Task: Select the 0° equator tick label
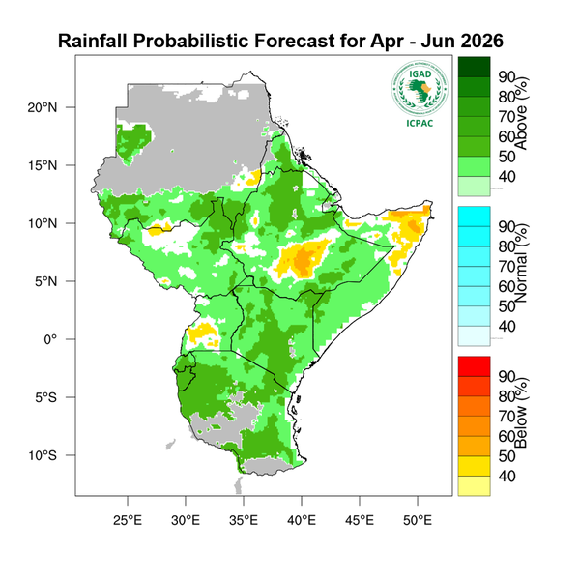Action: point(54,339)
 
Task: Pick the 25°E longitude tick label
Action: point(128,519)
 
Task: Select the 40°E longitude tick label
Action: point(302,519)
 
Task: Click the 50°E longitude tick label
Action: point(418,519)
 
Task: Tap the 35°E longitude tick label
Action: point(244,519)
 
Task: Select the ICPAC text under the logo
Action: point(420,122)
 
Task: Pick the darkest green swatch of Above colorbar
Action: point(474,66)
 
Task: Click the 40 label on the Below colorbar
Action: point(506,476)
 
